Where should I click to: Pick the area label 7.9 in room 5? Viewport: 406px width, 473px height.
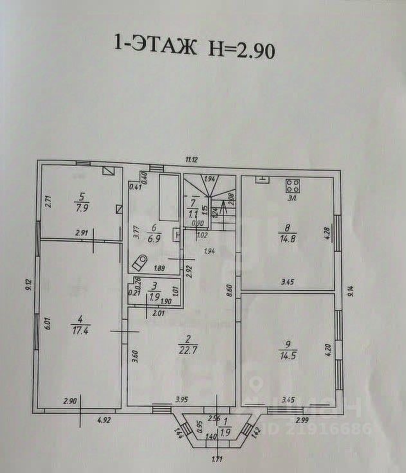tap(82, 208)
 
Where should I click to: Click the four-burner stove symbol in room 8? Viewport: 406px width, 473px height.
tap(292, 186)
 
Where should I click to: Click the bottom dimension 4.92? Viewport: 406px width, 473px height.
tap(104, 422)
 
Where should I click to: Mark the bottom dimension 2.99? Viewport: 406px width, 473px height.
tap(302, 420)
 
